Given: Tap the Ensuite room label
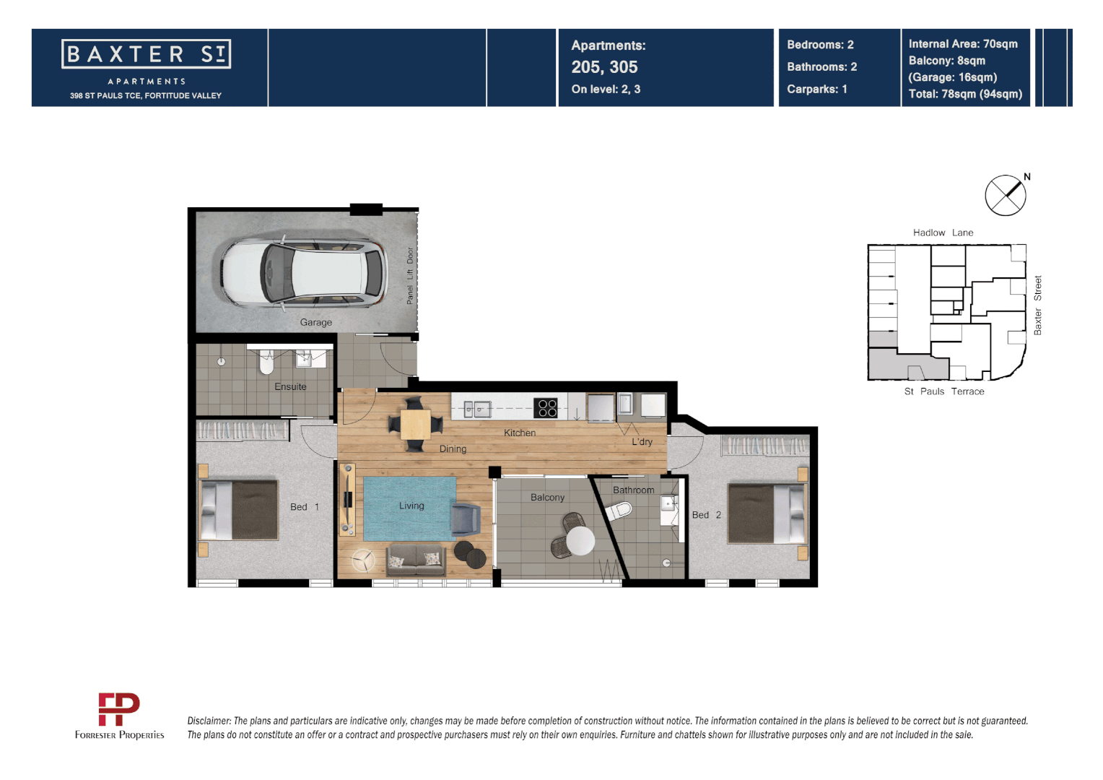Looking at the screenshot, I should click(290, 386).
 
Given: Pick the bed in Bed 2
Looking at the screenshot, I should click(767, 513).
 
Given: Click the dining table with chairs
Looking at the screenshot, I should click(415, 424).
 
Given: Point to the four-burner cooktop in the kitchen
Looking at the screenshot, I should click(547, 408).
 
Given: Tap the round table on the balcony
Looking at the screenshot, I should click(580, 540).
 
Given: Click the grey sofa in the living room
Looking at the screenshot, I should click(415, 560).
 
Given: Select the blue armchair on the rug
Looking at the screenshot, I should click(466, 519).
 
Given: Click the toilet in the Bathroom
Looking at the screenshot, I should click(619, 511).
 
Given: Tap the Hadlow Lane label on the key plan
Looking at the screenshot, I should click(943, 233).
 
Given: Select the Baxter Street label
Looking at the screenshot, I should click(1037, 305).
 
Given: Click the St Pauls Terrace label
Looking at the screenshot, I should click(943, 391).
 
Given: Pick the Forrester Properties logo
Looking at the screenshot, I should click(119, 716).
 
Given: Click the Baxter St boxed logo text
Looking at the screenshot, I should click(147, 54).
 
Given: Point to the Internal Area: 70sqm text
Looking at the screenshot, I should click(963, 44).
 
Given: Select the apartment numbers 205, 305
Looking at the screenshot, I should click(604, 67).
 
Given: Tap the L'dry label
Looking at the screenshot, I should click(642, 442).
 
